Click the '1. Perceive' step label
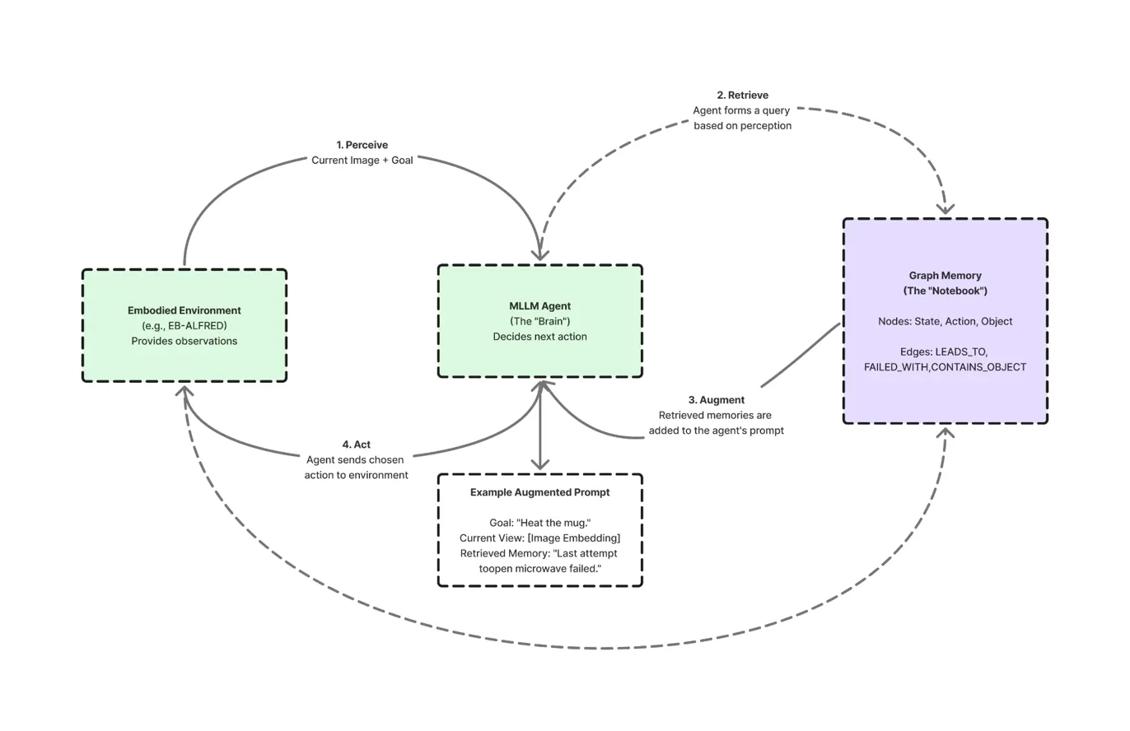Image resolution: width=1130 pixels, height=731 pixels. (x=362, y=145)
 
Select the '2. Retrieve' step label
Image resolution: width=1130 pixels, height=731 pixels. (x=742, y=95)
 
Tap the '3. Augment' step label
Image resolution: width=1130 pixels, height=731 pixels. (x=716, y=400)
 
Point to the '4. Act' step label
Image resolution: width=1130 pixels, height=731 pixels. (x=357, y=445)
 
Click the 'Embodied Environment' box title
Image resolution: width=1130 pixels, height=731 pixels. (x=184, y=310)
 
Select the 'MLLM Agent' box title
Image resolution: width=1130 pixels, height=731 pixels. (x=539, y=306)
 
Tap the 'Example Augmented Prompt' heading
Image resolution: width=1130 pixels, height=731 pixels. (x=539, y=492)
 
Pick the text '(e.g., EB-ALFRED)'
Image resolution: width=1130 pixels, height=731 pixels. (x=184, y=326)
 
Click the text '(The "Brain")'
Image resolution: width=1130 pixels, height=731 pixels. (x=539, y=321)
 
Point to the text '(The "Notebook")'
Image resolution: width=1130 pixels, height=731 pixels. (x=945, y=291)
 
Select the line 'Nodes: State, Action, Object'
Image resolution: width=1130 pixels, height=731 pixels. (x=945, y=321)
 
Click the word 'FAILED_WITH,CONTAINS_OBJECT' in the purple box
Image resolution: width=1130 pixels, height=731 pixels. (x=945, y=367)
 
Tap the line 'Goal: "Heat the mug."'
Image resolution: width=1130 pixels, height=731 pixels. (x=539, y=523)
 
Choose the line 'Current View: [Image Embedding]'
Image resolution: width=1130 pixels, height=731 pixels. (x=539, y=538)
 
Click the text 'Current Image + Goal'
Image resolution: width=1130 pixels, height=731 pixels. (x=362, y=161)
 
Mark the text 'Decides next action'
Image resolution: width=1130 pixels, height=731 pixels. (x=539, y=337)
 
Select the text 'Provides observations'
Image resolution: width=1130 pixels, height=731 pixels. (x=184, y=341)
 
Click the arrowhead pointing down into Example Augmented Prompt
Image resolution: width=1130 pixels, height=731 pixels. (x=539, y=464)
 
